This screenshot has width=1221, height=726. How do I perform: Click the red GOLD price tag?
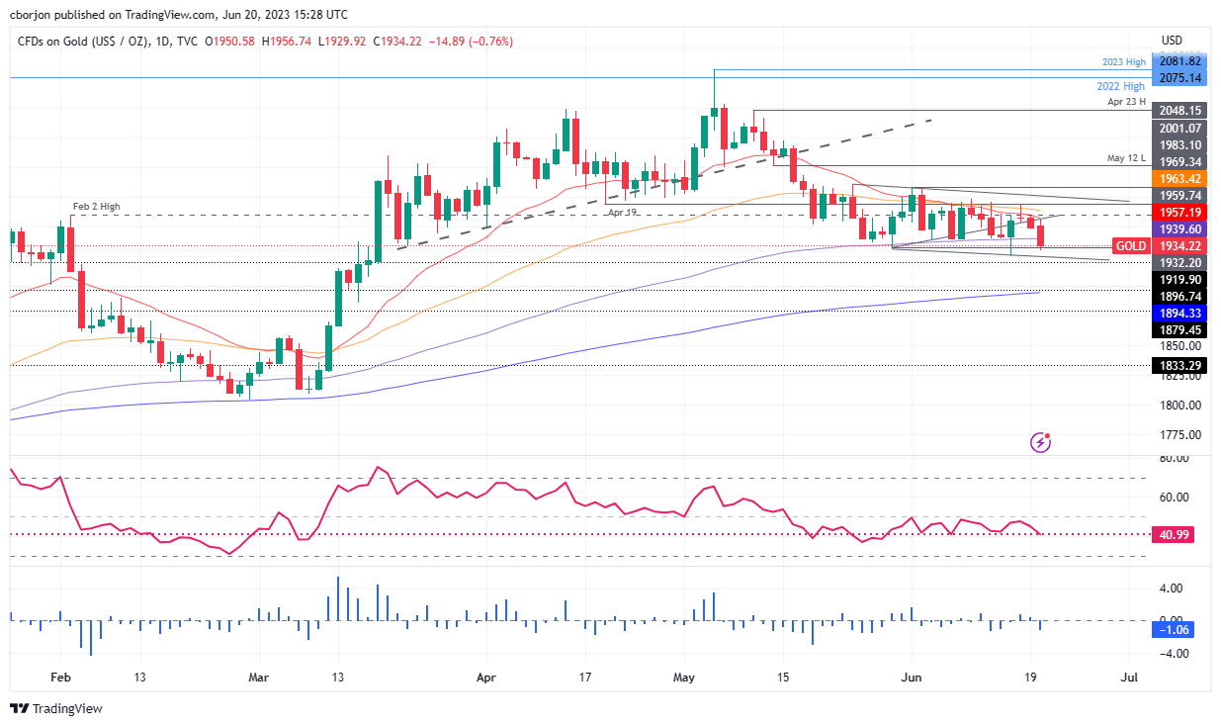[1130, 245]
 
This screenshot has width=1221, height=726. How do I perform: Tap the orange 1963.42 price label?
[1179, 178]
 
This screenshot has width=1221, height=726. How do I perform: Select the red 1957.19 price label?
[1179, 212]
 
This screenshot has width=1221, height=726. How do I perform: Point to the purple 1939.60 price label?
[1179, 228]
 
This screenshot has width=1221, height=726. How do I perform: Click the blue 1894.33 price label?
[1179, 313]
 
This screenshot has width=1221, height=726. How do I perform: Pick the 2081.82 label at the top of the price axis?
[1179, 62]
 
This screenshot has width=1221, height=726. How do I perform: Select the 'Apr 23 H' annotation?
[1127, 102]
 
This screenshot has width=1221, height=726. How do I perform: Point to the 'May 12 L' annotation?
[1127, 158]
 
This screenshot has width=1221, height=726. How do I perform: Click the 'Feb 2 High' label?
[96, 206]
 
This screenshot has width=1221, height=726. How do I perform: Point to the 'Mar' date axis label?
[260, 679]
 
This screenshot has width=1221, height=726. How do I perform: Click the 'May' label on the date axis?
[685, 679]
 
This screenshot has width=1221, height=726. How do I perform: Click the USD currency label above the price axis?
[1172, 41]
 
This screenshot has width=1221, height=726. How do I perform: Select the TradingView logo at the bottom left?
[56, 708]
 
